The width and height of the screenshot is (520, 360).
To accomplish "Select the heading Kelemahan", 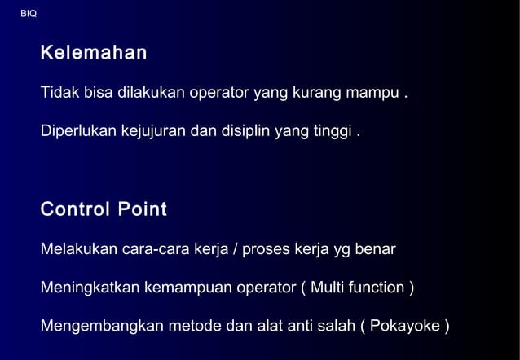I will (x=94, y=54).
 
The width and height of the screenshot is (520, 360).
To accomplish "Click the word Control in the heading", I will (x=74, y=210).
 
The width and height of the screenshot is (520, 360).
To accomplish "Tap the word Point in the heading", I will (x=143, y=210).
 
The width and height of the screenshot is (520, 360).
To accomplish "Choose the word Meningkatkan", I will (x=90, y=288).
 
